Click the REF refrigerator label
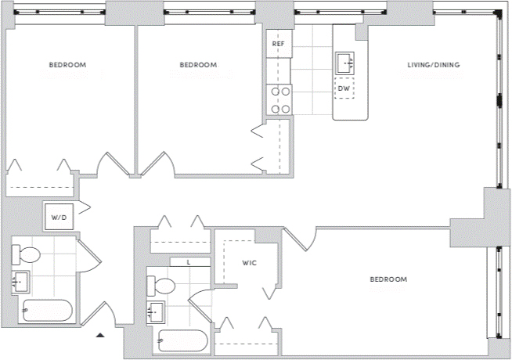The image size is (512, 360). [278, 44]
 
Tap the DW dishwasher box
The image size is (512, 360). [344, 88]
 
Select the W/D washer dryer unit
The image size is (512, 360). [59, 217]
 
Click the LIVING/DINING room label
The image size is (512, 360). [433, 65]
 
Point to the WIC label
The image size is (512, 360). [249, 263]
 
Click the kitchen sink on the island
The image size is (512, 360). [344, 63]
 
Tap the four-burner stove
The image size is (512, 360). [279, 100]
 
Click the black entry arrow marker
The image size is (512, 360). [100, 335]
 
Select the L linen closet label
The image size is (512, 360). [189, 262]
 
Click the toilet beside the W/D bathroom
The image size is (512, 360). [26, 254]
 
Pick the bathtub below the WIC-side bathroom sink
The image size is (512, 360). [182, 341]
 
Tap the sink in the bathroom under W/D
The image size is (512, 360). [20, 282]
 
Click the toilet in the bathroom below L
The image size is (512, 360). [160, 286]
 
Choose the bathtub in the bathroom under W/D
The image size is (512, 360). [47, 311]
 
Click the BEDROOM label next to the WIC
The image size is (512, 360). [388, 279]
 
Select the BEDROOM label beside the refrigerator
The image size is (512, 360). [198, 65]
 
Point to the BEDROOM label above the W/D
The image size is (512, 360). [67, 65]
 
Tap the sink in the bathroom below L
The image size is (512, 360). [156, 311]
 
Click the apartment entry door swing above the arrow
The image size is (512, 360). [99, 314]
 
